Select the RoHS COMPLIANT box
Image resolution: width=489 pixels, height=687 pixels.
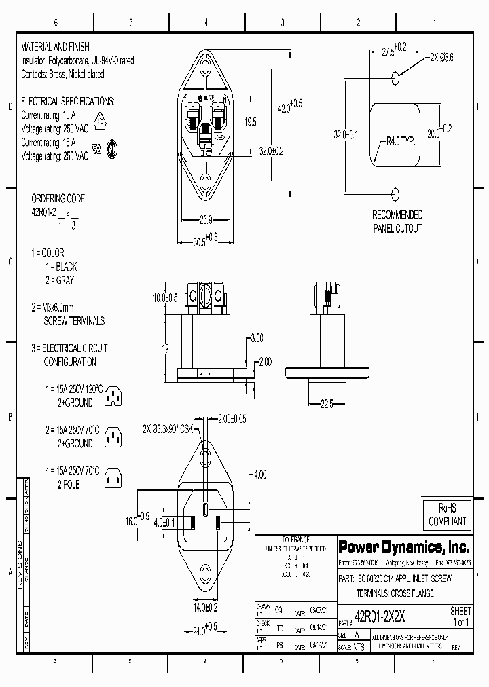click(x=446, y=515)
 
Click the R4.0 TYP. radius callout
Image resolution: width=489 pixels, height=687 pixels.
click(x=400, y=141)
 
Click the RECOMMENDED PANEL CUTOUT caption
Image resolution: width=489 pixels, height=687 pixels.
click(x=397, y=222)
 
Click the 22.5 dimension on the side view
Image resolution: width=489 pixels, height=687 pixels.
click(x=327, y=403)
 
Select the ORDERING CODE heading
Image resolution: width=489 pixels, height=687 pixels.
click(x=59, y=199)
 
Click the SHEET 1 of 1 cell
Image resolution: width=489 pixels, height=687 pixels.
click(x=460, y=616)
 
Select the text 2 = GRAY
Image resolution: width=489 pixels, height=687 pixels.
click(x=60, y=280)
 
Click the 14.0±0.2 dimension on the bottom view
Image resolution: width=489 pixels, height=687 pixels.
click(x=204, y=606)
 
